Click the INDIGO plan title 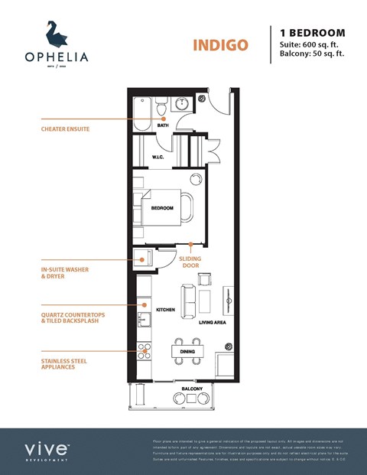(220, 44)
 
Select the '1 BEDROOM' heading (313, 33)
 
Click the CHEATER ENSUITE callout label (66, 129)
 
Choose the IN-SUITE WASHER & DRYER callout (63, 273)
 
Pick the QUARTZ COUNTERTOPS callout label (70, 317)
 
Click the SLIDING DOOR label (190, 262)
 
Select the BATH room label (163, 125)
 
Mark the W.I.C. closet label (158, 158)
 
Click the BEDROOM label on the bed (162, 208)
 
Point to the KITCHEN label (166, 310)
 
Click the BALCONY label (193, 390)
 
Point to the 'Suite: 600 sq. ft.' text (309, 44)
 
